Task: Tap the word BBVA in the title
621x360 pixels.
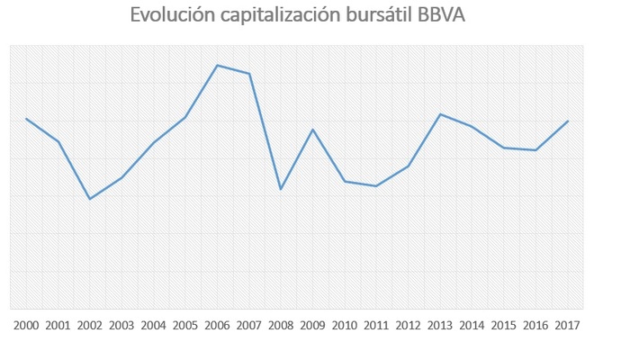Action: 439,16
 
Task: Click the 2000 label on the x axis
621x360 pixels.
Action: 26,325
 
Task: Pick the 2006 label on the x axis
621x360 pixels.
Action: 217,325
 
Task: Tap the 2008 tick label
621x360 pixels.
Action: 281,325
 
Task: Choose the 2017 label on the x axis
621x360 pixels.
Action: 568,325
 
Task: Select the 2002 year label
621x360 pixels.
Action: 90,325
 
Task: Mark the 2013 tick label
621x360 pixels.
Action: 440,325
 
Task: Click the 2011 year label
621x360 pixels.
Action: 376,325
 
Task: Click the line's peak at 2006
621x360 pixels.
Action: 217,65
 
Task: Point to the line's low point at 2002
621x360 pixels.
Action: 90,199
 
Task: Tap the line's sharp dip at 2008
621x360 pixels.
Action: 281,189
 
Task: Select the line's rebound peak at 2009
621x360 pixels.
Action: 312,130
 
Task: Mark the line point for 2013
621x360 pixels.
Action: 440,114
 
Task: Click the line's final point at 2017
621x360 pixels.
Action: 568,121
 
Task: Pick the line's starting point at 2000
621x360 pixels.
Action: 26,119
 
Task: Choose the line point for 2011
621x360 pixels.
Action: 376,186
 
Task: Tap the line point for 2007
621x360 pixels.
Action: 249,74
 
